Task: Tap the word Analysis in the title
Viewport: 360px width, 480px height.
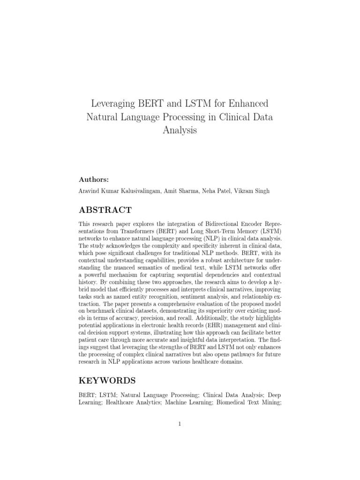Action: [x=180, y=130]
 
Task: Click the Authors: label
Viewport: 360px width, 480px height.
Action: [x=93, y=180]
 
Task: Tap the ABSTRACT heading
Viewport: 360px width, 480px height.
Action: [x=105, y=210]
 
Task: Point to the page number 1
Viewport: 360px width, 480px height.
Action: [x=180, y=424]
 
